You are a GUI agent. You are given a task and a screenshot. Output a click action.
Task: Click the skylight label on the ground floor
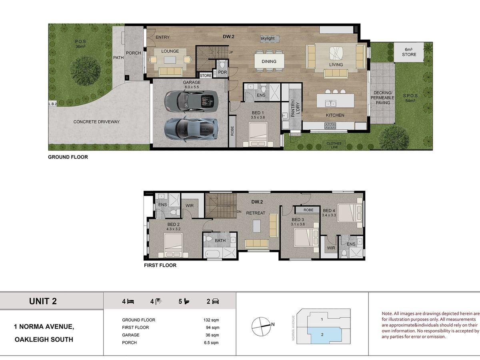point(267,38)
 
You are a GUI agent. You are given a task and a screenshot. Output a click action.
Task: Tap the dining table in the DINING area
point(269,61)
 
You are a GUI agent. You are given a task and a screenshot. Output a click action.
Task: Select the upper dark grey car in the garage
point(191,101)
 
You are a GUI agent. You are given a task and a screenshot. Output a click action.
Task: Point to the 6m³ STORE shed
point(409,52)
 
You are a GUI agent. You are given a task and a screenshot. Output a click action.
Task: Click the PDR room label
point(223,72)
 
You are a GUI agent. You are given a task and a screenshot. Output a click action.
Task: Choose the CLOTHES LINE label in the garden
point(334,145)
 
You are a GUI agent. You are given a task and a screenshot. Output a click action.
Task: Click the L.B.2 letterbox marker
point(52,104)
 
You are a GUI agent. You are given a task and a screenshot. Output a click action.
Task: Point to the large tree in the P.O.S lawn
point(85,71)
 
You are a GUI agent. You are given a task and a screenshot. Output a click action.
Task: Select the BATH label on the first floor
point(220,240)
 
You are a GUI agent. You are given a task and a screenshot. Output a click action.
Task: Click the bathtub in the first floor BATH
point(212,254)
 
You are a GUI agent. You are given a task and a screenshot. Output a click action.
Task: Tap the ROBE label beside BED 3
point(308,210)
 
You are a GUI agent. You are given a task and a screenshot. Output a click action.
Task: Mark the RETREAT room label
point(256,213)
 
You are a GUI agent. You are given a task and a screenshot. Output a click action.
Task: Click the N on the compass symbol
point(273,324)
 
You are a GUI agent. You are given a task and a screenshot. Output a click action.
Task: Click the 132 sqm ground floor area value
point(211,320)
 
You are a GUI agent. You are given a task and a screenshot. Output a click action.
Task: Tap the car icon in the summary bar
point(215,302)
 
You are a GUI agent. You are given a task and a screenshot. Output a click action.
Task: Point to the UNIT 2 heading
point(43,301)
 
